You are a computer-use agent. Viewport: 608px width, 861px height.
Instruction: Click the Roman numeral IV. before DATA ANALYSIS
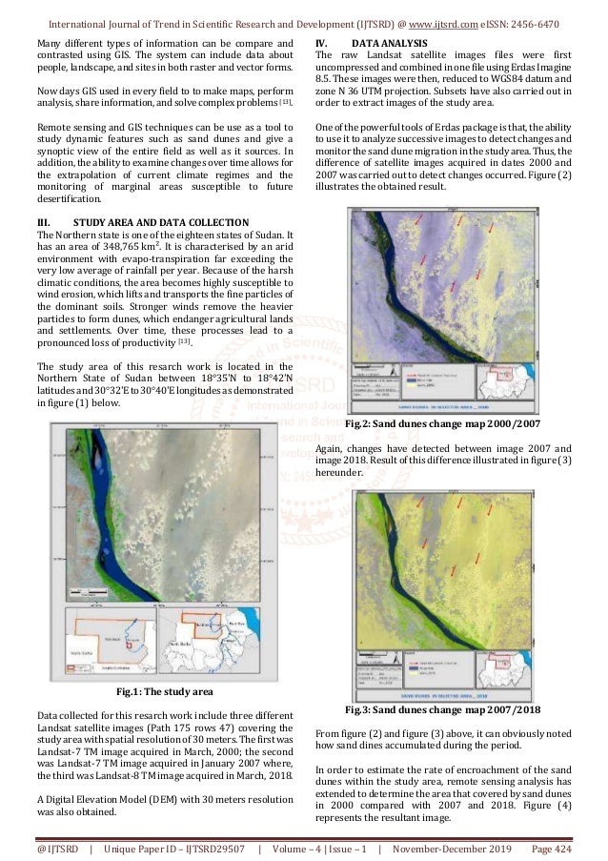321,44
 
